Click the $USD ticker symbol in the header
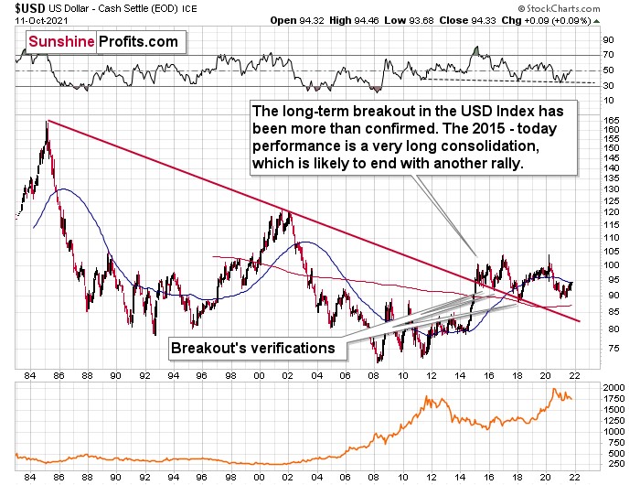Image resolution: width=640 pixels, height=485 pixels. (x=21, y=8)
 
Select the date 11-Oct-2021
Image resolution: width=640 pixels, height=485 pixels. (x=34, y=20)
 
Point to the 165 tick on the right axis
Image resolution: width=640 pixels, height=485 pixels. (x=610, y=119)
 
